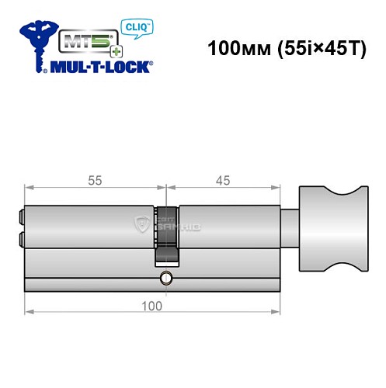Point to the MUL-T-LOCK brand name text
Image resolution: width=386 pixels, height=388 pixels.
(x=103, y=67)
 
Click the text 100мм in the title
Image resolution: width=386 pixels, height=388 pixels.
(x=235, y=48)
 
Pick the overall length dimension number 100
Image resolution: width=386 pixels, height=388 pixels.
(x=152, y=305)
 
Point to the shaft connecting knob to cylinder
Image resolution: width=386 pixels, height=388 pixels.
(x=289, y=230)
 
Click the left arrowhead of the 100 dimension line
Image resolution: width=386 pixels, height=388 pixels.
(x=29, y=312)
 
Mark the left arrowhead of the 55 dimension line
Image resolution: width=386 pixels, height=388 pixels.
(x=29, y=187)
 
